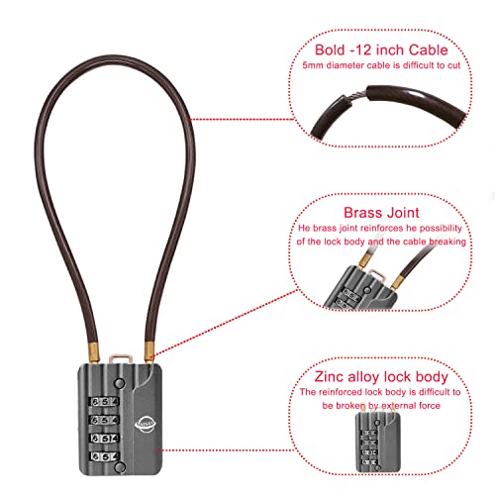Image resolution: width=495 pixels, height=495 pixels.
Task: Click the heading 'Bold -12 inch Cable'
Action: click(x=381, y=50)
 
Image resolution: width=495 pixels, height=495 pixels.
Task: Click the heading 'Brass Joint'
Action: click(x=381, y=213)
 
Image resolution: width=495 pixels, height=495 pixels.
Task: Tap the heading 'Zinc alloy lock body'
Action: click(x=381, y=376)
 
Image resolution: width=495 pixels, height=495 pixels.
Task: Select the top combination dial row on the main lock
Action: click(x=104, y=402)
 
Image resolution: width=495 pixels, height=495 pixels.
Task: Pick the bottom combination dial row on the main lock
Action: click(x=104, y=456)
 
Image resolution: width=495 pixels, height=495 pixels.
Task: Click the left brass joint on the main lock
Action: click(x=94, y=353)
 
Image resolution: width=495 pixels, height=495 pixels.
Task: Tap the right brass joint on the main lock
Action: click(x=149, y=351)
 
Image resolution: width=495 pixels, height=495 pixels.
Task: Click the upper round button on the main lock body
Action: click(x=119, y=383)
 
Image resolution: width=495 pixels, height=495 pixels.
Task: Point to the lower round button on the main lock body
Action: click(x=120, y=467)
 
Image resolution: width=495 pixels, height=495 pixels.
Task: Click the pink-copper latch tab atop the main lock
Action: click(x=121, y=358)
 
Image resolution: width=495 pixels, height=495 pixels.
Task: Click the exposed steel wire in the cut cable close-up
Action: click(x=355, y=97)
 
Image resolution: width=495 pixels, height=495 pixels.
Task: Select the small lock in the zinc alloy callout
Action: click(x=378, y=442)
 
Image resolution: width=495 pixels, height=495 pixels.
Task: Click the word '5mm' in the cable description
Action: click(x=313, y=65)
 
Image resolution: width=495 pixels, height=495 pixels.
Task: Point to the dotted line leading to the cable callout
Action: click(x=242, y=120)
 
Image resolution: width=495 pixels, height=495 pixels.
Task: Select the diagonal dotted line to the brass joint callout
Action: click(x=226, y=323)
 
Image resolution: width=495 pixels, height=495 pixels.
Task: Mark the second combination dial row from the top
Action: click(x=104, y=420)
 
